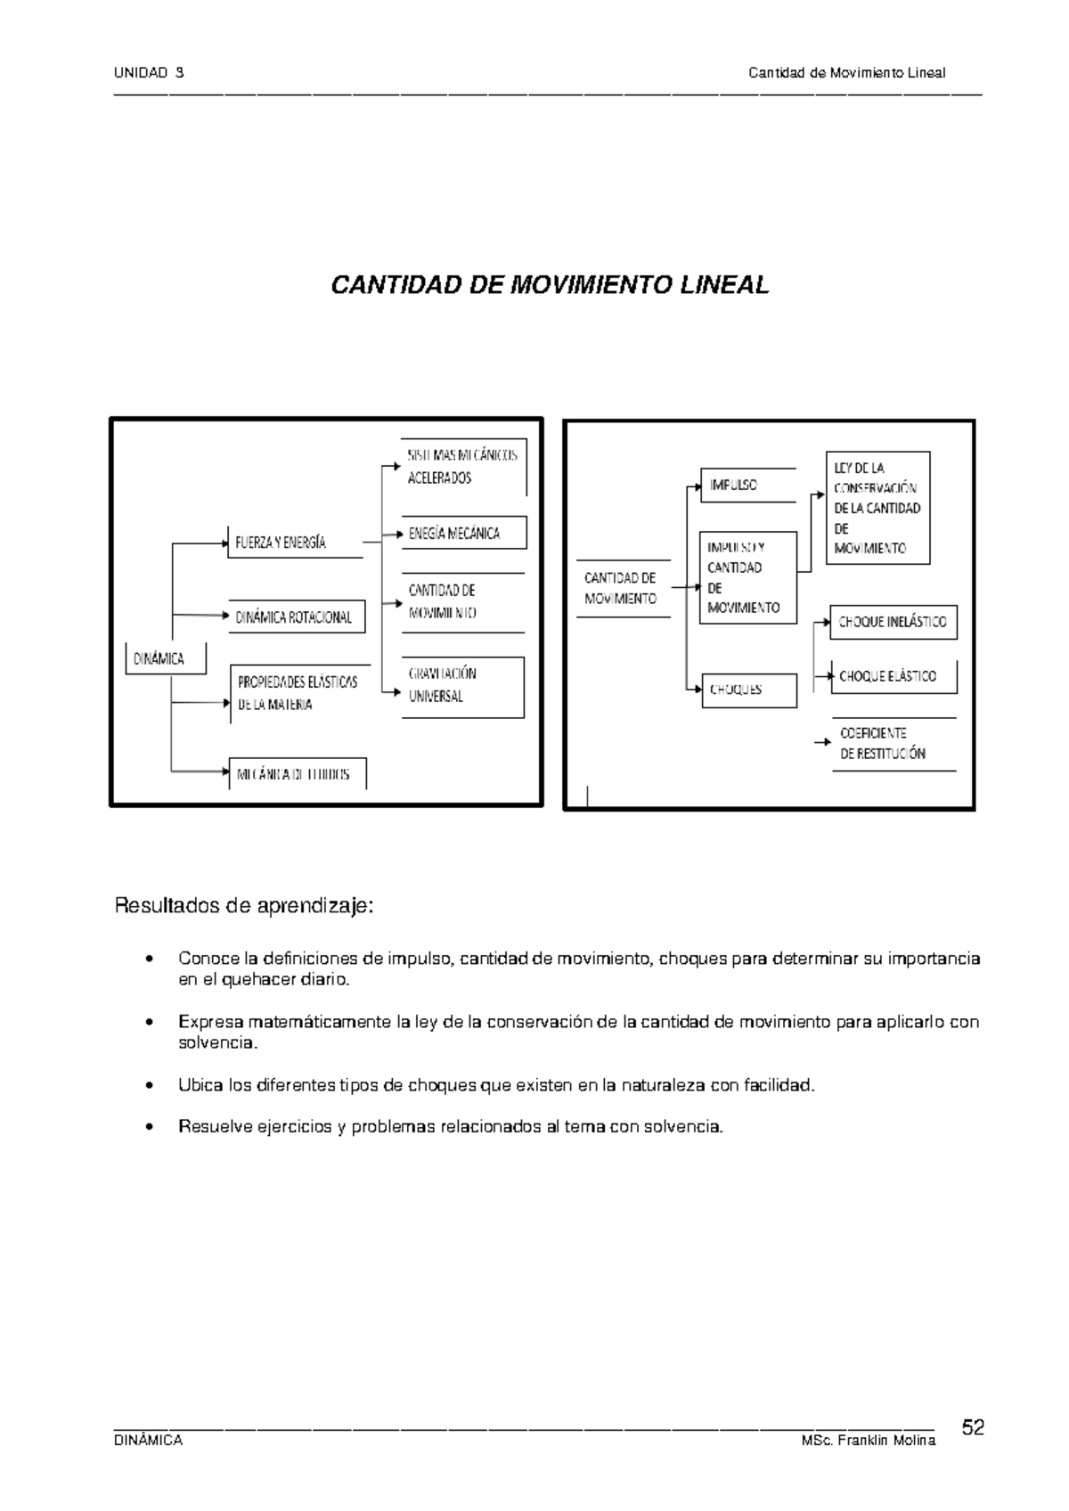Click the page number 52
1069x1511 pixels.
point(973,1428)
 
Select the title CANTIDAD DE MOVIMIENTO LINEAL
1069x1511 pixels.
point(549,285)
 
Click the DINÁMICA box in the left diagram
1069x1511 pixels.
point(165,658)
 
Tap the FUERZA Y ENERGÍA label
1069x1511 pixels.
point(282,542)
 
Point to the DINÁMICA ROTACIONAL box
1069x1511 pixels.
point(297,617)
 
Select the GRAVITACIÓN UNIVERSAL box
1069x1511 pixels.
point(462,686)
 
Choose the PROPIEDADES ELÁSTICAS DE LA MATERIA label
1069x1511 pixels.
point(298,692)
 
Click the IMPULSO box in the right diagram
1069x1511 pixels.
point(747,486)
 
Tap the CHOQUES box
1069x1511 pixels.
point(748,690)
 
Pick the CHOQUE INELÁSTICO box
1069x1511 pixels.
point(893,622)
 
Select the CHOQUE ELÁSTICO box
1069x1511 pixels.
point(894,676)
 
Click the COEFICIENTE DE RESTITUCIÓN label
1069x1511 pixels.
point(884,743)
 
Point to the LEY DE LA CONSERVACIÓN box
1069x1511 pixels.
point(877,508)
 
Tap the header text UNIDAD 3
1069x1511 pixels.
point(149,73)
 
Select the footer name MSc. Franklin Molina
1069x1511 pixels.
point(869,1441)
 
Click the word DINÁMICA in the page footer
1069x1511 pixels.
point(149,1441)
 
